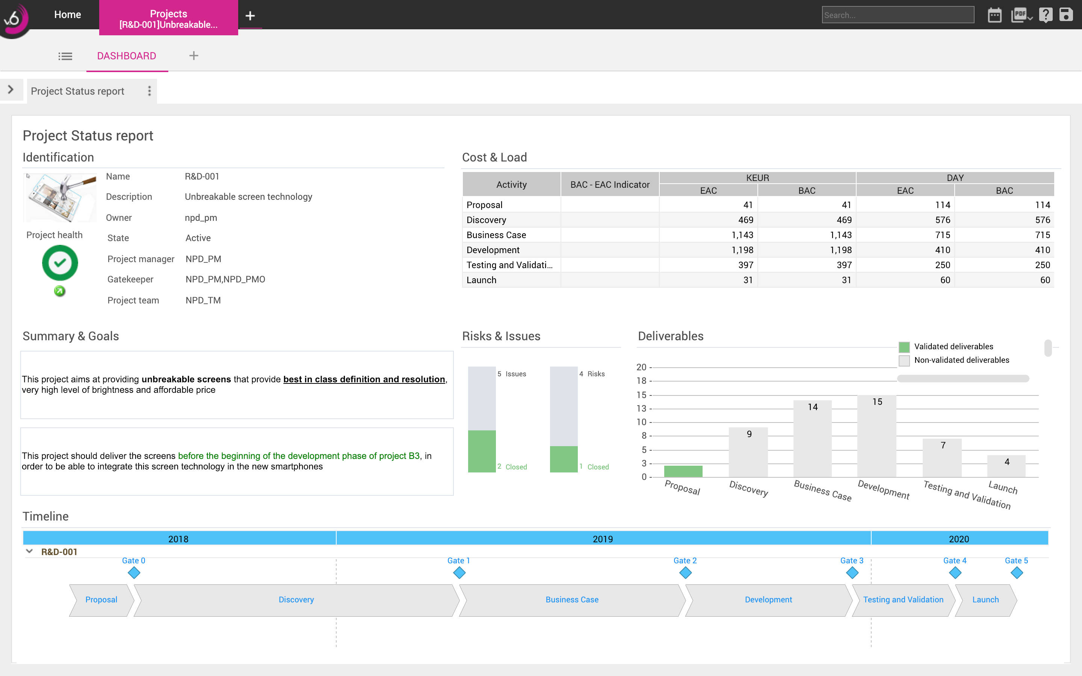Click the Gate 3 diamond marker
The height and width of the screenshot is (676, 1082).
[852, 573]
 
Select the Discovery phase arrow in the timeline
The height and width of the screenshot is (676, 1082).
[296, 599]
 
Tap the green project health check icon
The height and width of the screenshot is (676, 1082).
[60, 263]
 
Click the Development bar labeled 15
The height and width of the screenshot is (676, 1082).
[876, 436]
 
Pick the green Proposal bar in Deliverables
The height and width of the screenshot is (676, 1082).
[683, 471]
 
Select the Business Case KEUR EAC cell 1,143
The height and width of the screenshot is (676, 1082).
[742, 235]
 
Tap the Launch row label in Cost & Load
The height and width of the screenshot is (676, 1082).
[481, 280]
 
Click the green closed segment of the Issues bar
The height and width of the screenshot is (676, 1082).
[482, 451]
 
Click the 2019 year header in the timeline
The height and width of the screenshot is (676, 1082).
[603, 539]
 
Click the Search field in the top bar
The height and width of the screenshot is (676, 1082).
[897, 15]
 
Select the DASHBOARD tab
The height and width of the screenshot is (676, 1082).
[127, 56]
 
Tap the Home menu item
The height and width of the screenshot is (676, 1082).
[68, 14]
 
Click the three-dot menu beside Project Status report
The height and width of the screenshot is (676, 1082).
[149, 91]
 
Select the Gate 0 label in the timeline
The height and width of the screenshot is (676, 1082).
[133, 560]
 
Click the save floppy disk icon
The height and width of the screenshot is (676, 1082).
[1066, 15]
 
